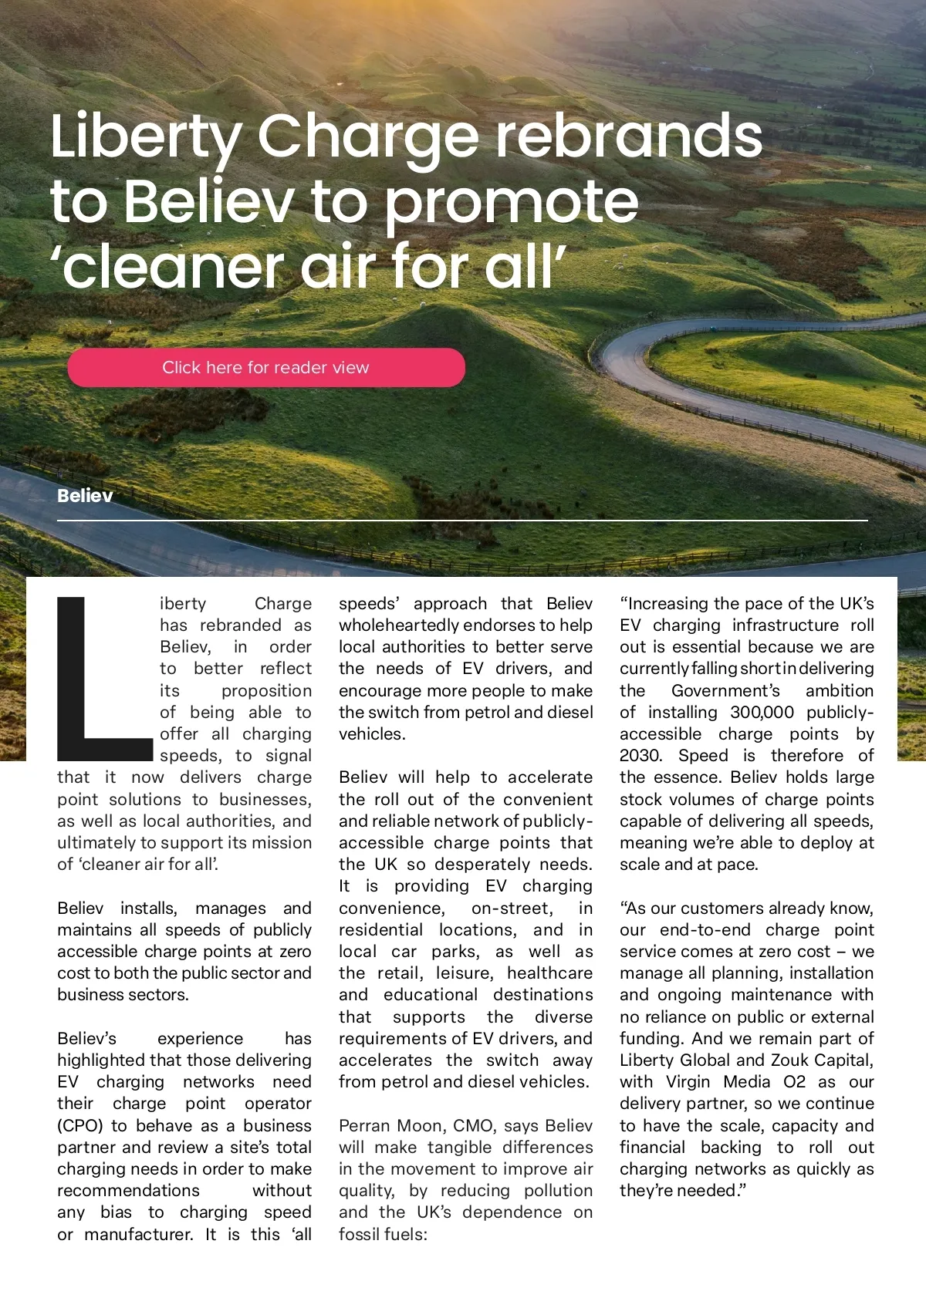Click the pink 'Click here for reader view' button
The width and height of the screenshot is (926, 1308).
266,368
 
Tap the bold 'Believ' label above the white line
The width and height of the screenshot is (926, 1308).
85,496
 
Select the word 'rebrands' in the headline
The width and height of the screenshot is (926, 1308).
629,136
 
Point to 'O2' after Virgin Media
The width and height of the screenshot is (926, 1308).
794,1082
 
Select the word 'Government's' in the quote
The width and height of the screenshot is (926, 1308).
725,691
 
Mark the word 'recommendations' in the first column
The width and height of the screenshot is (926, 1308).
128,1191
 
